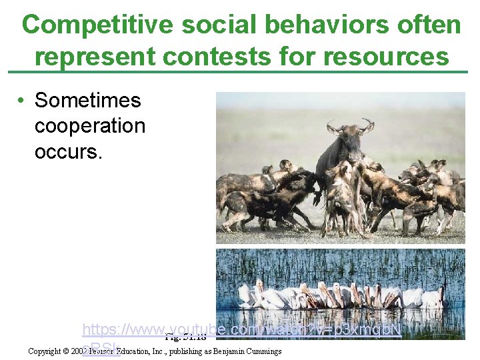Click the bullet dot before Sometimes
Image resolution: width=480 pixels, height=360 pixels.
22,101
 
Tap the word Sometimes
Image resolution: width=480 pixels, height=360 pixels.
88,101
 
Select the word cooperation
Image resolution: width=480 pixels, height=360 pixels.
89,126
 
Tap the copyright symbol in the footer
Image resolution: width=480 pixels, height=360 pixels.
67,351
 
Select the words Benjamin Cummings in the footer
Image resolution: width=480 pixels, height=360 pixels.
249,351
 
